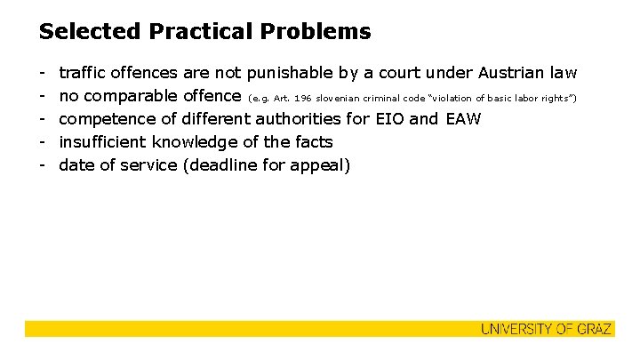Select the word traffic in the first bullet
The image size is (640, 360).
(84, 72)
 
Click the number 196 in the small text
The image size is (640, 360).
(305, 96)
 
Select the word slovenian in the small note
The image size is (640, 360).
(346, 96)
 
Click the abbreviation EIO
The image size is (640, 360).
(386, 118)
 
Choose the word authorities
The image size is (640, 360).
(306, 118)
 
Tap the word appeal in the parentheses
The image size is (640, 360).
(324, 164)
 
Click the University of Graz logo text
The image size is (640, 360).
(546, 330)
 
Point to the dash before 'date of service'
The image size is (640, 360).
(43, 164)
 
